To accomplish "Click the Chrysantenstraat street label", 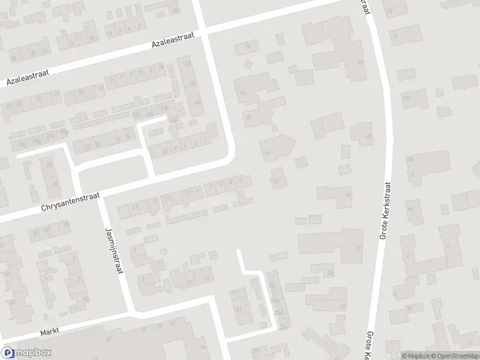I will pyautogui.click(x=70, y=202).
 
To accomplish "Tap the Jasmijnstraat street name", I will pyautogui.click(x=114, y=251).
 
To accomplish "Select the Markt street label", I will pyautogui.click(x=51, y=332).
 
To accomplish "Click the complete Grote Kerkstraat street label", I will pyautogui.click(x=385, y=211).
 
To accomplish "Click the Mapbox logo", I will pyautogui.click(x=26, y=353).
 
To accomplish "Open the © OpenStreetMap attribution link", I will pyautogui.click(x=455, y=356).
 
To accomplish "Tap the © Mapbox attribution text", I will pyautogui.click(x=415, y=356).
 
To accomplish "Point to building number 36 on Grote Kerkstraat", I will pyautogui.click(x=360, y=62).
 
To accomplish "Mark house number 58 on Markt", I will pyautogui.click(x=109, y=339).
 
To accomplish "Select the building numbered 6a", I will pyautogui.click(x=411, y=209).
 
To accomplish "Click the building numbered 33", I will pyautogui.click(x=407, y=98).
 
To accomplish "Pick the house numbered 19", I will pyautogui.click(x=276, y=181).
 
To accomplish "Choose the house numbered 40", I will pyautogui.click(x=197, y=103).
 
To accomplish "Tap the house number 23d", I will pyautogui.click(x=278, y=313).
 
